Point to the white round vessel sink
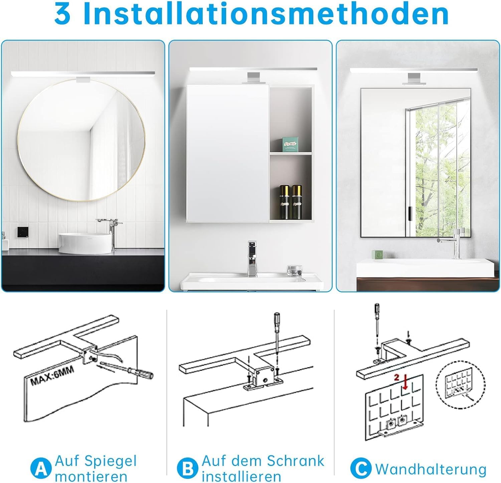point(85,243)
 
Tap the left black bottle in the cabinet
point(285,202)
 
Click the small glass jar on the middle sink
point(294,270)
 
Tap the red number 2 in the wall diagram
point(396,377)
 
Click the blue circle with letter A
point(41,469)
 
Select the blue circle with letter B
point(188,469)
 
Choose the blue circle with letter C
point(361,469)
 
